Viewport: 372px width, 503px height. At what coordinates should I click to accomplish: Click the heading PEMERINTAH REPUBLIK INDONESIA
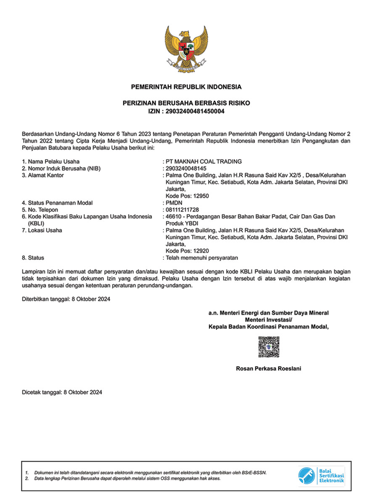pyautogui.click(x=186, y=87)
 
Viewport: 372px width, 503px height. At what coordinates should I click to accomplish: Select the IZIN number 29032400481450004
pyautogui.click(x=198, y=111)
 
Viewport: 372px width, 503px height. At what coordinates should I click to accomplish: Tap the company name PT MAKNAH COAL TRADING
pyautogui.click(x=204, y=162)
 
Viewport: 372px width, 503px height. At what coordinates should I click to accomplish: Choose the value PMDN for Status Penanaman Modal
pyautogui.click(x=174, y=203)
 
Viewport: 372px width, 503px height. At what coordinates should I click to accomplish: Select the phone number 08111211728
pyautogui.click(x=182, y=210)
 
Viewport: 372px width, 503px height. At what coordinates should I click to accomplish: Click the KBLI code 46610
pyautogui.click(x=174, y=216)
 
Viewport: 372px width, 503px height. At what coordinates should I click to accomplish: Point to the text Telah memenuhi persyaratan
pyautogui.click(x=202, y=258)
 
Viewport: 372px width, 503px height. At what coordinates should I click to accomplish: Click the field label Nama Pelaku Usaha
pyautogui.click(x=53, y=162)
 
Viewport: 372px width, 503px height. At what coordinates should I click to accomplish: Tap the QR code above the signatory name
pyautogui.click(x=269, y=347)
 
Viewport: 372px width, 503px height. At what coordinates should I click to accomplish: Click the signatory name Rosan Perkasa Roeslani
pyautogui.click(x=269, y=369)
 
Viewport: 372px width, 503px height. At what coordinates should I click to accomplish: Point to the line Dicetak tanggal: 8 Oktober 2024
pyautogui.click(x=62, y=392)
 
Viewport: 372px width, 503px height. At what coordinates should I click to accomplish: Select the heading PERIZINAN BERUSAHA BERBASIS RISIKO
pyautogui.click(x=186, y=103)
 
